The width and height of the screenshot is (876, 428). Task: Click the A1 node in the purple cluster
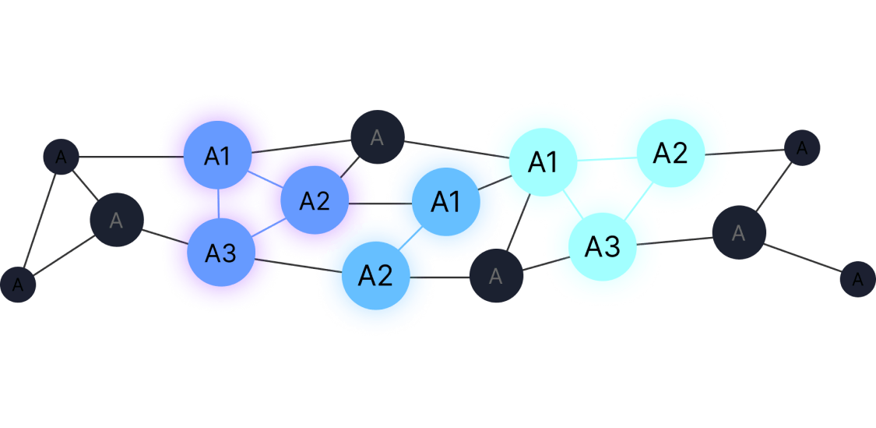(218, 156)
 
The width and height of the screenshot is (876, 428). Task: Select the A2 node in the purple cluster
(314, 201)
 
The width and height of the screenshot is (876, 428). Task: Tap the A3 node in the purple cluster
(220, 253)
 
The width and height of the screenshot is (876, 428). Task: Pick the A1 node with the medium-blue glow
(446, 202)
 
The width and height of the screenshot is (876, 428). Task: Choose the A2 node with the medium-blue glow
(375, 275)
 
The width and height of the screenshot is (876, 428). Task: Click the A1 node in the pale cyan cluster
(543, 162)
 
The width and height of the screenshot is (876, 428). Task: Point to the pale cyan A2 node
(670, 154)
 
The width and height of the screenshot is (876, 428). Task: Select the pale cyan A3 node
(602, 246)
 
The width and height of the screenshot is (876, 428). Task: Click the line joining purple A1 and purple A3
(219, 204)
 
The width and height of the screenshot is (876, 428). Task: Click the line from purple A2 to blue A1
(380, 203)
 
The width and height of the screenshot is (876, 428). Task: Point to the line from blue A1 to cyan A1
(489, 185)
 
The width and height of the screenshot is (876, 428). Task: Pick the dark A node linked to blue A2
(496, 276)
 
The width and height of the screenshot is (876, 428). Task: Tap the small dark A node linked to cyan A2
(801, 147)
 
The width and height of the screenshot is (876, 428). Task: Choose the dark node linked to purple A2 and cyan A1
(377, 138)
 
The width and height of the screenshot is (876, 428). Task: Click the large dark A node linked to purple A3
(117, 221)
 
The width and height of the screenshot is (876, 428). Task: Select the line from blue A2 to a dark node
(440, 277)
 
